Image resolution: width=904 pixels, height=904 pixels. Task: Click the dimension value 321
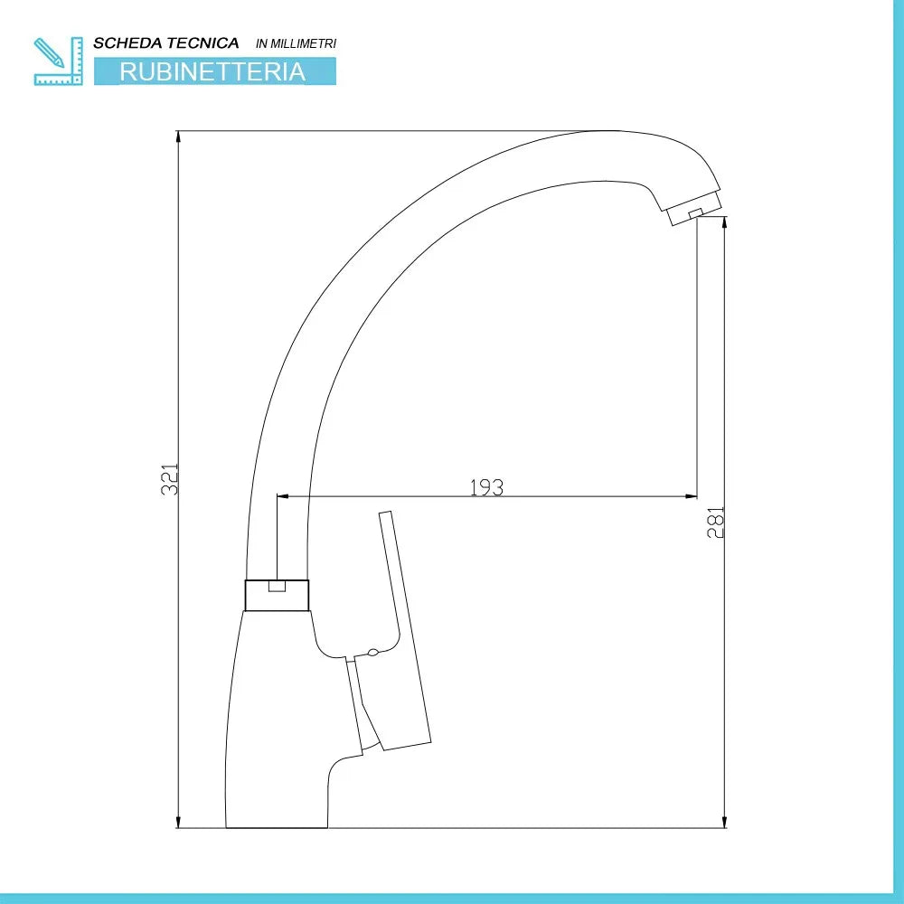point(170,479)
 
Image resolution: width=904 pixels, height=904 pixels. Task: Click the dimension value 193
point(487,488)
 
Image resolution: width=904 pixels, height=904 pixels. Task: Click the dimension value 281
point(715,523)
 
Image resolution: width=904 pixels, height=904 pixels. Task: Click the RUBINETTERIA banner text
point(212,71)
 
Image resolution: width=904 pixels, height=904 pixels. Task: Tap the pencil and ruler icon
point(58,61)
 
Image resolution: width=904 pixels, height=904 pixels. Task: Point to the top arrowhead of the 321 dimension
point(179,137)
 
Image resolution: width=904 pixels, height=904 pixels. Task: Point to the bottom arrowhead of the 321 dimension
point(179,822)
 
